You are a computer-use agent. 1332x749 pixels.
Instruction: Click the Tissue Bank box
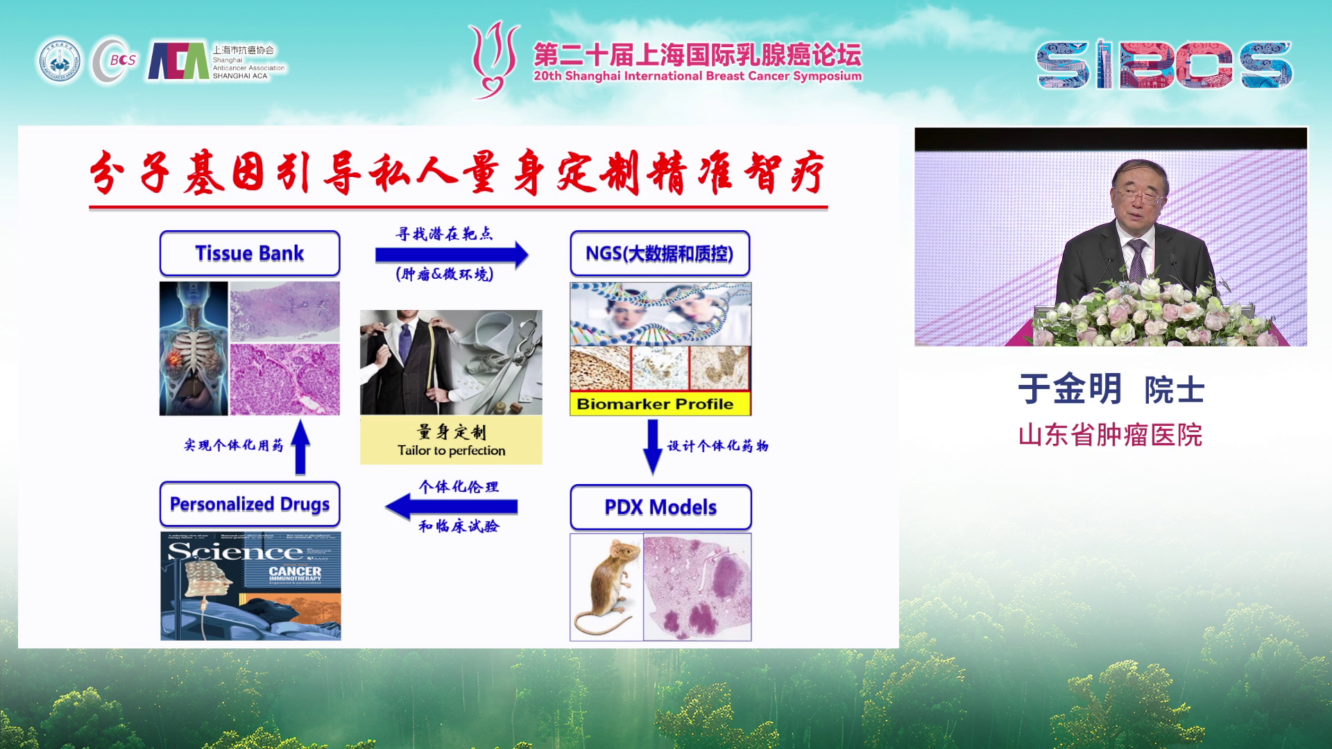250,253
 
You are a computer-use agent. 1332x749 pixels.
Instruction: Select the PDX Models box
660,507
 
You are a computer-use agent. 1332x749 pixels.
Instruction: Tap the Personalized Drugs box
250,504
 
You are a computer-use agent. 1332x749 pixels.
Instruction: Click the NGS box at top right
660,253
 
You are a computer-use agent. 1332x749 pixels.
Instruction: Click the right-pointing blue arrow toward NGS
451,255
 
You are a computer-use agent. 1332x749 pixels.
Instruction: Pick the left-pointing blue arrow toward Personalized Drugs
451,506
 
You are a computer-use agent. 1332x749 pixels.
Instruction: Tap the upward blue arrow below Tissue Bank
300,447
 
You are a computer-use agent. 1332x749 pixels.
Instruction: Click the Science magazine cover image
250,586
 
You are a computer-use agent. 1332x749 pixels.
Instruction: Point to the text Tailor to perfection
451,450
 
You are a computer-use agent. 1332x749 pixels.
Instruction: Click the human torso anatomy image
194,348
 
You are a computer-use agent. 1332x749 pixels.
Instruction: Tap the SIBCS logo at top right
1164,64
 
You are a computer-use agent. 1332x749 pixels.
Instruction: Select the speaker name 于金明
1069,388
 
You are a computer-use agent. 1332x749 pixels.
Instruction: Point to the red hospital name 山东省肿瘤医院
1110,436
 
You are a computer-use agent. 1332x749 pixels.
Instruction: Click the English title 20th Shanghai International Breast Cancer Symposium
697,76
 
